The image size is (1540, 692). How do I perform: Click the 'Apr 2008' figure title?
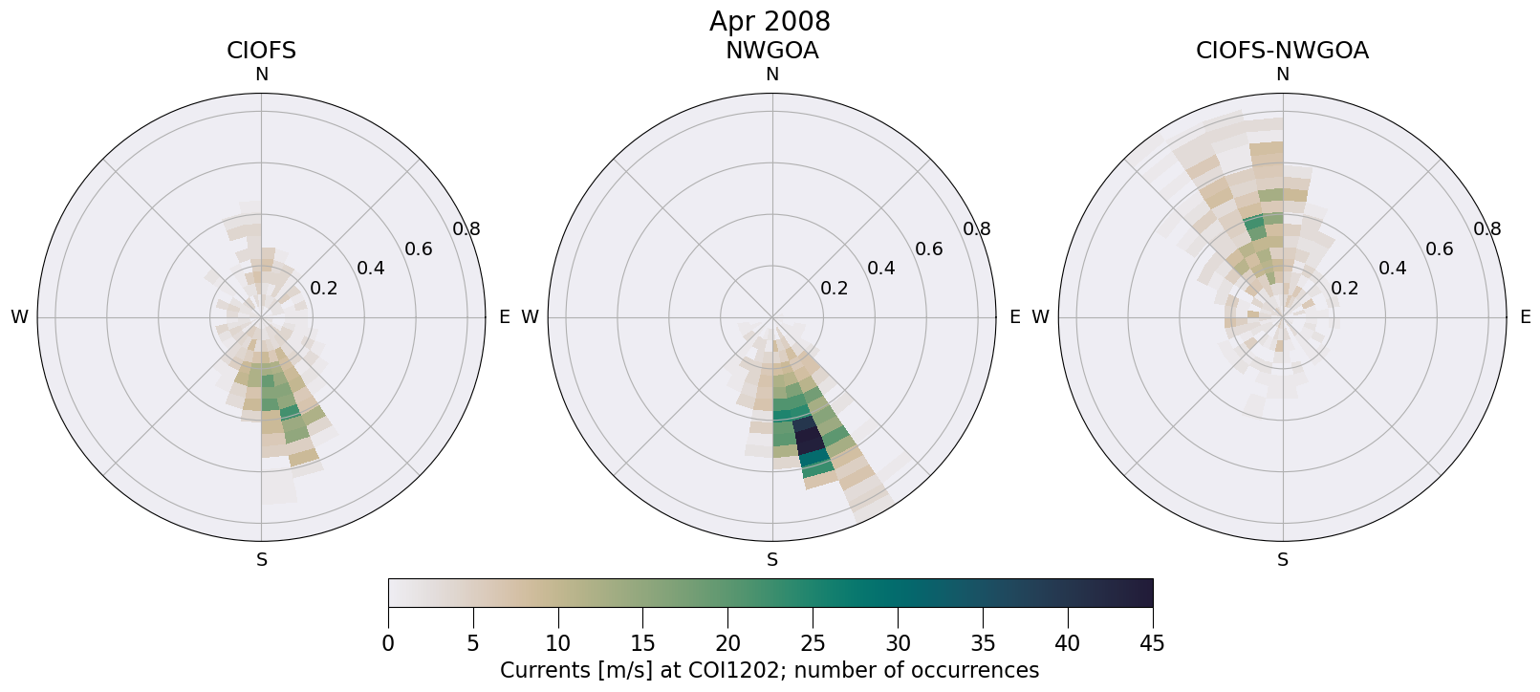click(770, 21)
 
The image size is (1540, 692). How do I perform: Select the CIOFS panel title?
click(261, 51)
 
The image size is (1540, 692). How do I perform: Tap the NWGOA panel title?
click(771, 51)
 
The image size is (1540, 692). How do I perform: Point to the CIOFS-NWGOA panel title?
click(1282, 51)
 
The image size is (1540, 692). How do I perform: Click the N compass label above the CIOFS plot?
click(261, 75)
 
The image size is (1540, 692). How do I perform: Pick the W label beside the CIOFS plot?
click(19, 317)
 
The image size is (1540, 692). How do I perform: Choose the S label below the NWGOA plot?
click(772, 560)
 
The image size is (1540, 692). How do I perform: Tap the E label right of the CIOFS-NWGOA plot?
click(1525, 317)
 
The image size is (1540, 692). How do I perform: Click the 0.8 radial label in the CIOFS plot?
click(466, 228)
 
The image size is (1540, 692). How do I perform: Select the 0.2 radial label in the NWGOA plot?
click(834, 288)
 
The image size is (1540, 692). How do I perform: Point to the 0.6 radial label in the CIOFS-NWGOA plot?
click(1439, 249)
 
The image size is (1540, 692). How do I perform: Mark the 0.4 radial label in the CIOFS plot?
click(371, 268)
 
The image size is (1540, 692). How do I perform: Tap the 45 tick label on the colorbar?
click(1152, 643)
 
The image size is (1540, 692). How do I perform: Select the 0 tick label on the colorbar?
click(388, 643)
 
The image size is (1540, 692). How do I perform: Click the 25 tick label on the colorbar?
click(813, 643)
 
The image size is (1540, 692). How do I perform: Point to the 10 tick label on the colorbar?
click(558, 643)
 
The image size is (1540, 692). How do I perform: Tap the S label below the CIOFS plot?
click(261, 560)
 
